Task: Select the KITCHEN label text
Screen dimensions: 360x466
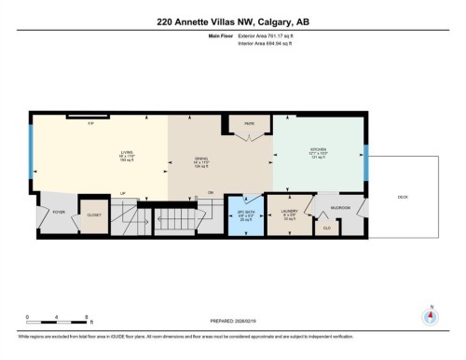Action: (319, 149)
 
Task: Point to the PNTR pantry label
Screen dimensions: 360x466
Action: (249, 123)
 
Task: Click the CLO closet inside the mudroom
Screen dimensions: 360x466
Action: (326, 227)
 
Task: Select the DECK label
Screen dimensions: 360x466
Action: (403, 197)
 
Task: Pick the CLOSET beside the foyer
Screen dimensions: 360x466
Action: (94, 215)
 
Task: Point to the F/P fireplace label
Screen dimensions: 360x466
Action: (91, 122)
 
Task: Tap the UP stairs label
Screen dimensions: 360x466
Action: (122, 195)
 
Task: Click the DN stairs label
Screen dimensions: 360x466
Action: (211, 194)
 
